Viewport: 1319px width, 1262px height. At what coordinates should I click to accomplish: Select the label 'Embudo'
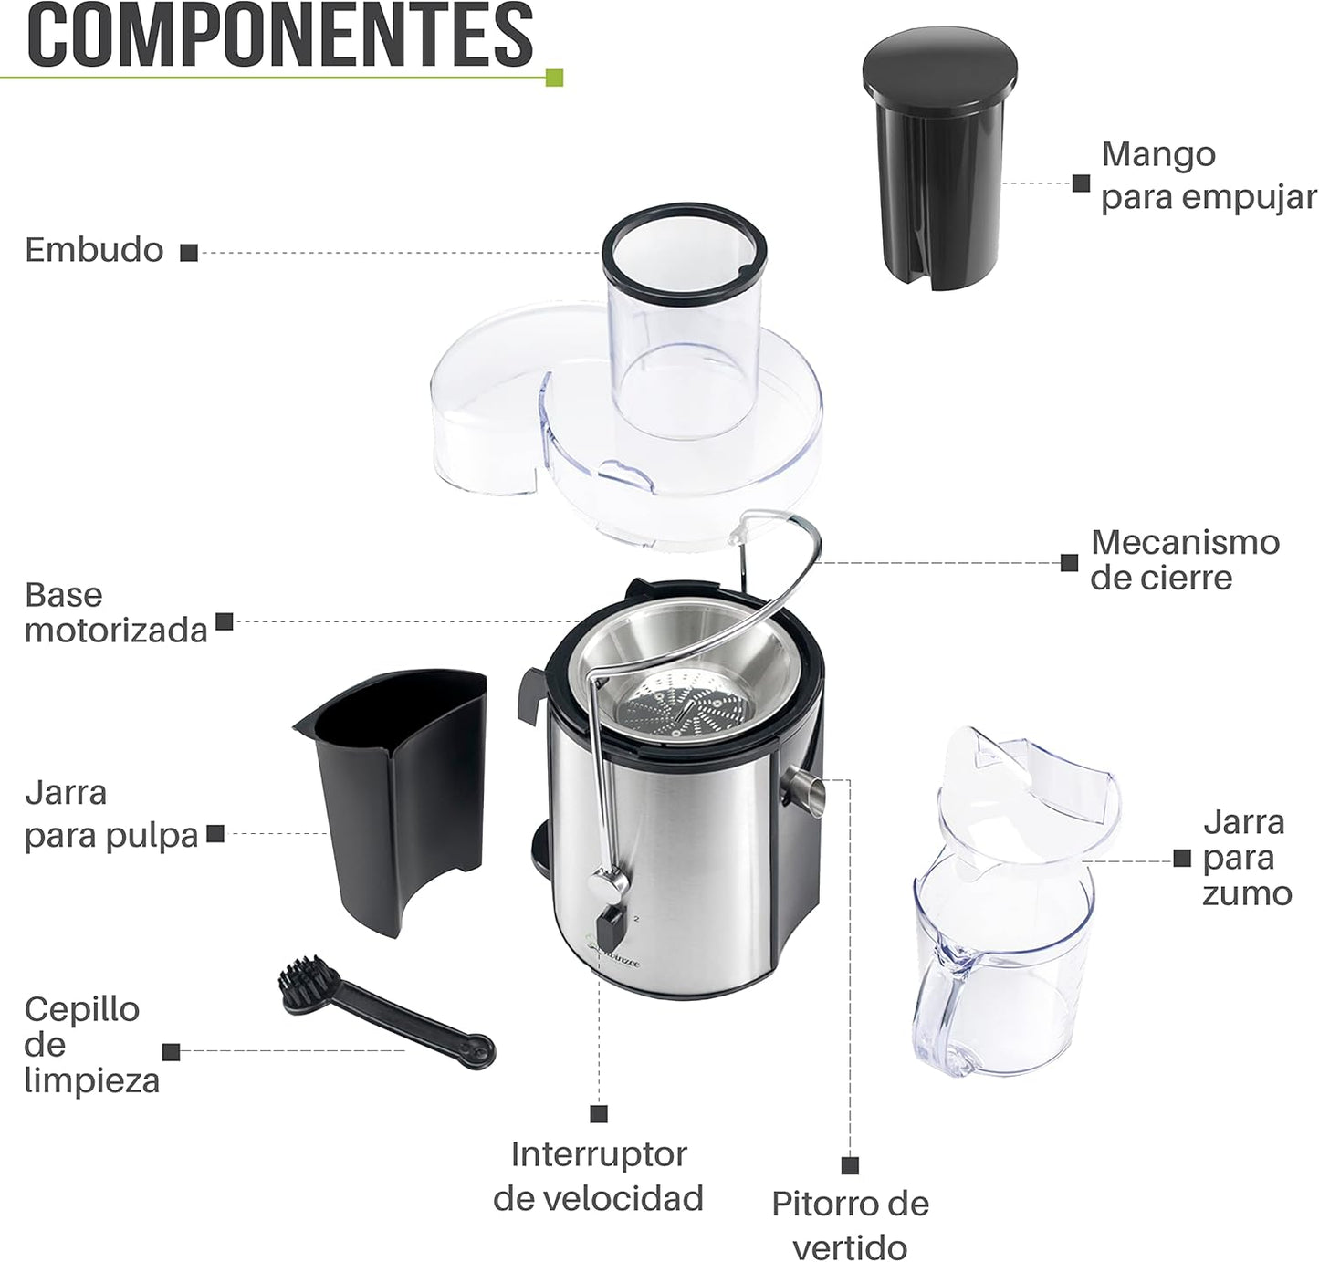click(94, 250)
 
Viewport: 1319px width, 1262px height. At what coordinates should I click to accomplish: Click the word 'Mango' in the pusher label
click(1158, 154)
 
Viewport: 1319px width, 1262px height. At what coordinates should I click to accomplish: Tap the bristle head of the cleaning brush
click(305, 982)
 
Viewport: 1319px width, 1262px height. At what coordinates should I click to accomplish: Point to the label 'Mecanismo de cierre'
click(1185, 559)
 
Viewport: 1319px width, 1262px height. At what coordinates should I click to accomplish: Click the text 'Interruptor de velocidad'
click(599, 1175)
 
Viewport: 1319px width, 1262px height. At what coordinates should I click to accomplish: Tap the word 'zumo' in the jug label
click(1247, 893)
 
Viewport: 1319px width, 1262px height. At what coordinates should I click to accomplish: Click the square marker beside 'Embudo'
click(189, 253)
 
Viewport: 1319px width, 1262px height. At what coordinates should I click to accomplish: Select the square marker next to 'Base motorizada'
click(225, 622)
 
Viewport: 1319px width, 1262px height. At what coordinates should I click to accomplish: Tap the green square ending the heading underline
click(553, 78)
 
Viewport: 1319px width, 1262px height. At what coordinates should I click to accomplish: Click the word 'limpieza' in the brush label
click(92, 1080)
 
